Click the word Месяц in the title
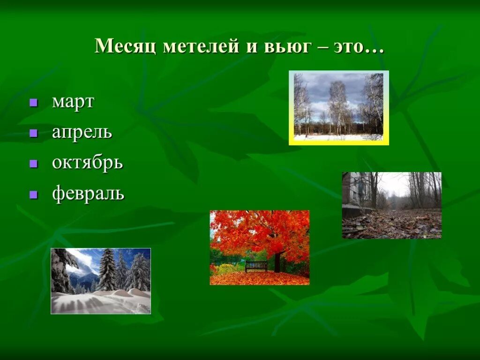(x=125, y=46)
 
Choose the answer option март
(x=73, y=102)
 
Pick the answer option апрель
(x=82, y=133)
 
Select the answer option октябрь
(x=87, y=163)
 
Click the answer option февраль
(x=88, y=193)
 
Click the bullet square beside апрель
(x=33, y=133)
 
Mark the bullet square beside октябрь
(x=33, y=164)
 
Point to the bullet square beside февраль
(x=33, y=194)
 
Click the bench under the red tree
(x=256, y=266)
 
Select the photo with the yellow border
(x=338, y=107)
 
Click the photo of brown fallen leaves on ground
(x=391, y=205)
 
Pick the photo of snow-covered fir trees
(x=101, y=281)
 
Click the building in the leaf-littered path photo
(x=356, y=190)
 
